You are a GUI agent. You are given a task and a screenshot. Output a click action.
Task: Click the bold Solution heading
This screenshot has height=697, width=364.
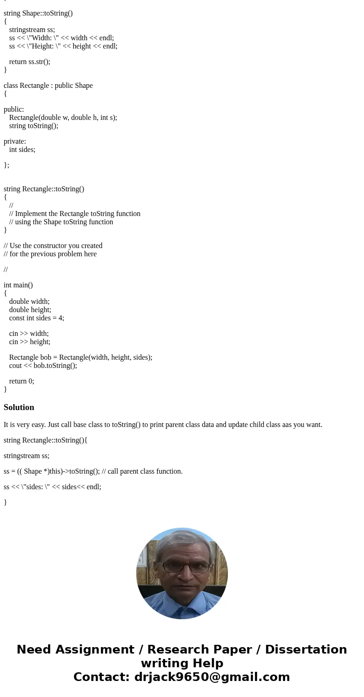(19, 407)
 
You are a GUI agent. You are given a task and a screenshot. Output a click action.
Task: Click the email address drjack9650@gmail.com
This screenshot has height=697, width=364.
(212, 677)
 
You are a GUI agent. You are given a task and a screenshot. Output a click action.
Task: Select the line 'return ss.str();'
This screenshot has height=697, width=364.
(29, 62)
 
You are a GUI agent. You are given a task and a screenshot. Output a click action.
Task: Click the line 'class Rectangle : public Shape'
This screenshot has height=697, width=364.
(48, 86)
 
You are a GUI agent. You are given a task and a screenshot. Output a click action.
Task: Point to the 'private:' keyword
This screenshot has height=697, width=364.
(15, 141)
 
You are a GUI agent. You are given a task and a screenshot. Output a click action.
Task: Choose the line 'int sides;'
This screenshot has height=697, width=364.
(22, 150)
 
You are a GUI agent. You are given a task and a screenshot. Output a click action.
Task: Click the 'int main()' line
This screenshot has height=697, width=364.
(18, 285)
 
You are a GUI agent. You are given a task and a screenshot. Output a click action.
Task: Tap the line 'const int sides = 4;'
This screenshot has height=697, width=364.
(37, 318)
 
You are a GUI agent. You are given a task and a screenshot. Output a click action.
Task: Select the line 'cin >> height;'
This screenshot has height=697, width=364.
(30, 342)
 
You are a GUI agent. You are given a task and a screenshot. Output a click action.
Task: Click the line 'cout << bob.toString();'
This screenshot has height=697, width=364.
(43, 366)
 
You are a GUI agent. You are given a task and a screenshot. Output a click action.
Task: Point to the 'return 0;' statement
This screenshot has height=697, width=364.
(22, 381)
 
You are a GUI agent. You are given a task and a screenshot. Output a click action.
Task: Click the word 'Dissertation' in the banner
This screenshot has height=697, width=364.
(306, 649)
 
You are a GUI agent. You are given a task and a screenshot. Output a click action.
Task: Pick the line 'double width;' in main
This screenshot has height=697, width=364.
(29, 302)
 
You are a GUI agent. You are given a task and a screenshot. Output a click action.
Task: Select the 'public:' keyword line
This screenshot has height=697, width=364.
(14, 109)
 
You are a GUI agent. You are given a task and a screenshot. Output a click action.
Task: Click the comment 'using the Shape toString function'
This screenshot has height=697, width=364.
(64, 222)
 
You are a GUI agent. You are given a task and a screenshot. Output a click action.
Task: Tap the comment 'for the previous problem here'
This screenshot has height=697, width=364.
(53, 254)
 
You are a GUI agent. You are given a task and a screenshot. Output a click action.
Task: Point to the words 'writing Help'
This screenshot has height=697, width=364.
(182, 663)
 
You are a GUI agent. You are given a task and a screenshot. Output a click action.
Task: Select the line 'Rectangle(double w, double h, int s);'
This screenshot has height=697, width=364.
(63, 118)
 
